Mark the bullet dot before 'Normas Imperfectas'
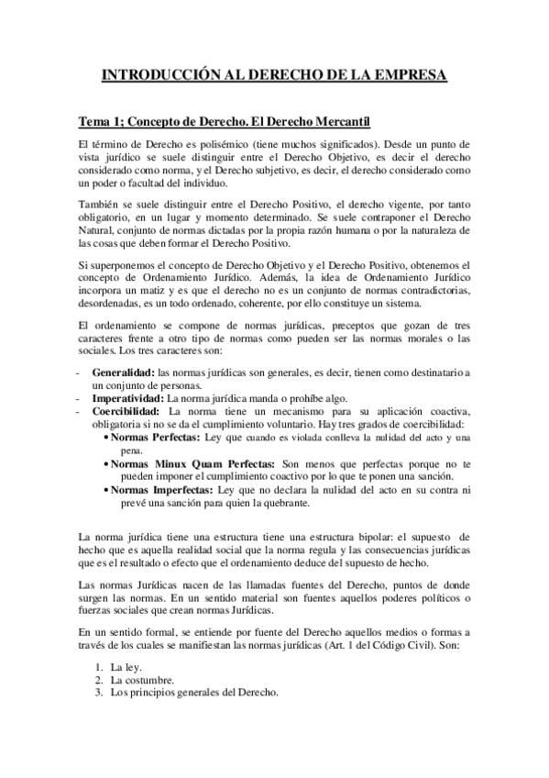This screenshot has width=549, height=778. (104, 492)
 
